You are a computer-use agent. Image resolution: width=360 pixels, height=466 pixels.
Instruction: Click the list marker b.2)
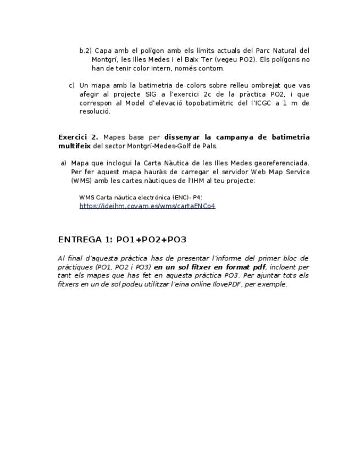[85, 51]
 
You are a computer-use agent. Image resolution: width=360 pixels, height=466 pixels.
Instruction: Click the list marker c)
[71, 85]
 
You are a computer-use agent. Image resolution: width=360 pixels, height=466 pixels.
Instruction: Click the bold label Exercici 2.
[78, 137]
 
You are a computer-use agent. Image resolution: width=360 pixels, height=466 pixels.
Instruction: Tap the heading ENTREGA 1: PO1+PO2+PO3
[122, 240]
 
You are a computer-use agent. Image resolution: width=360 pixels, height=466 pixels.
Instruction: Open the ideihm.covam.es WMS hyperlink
[147, 206]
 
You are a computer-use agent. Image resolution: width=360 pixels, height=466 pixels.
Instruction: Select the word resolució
[95, 111]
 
